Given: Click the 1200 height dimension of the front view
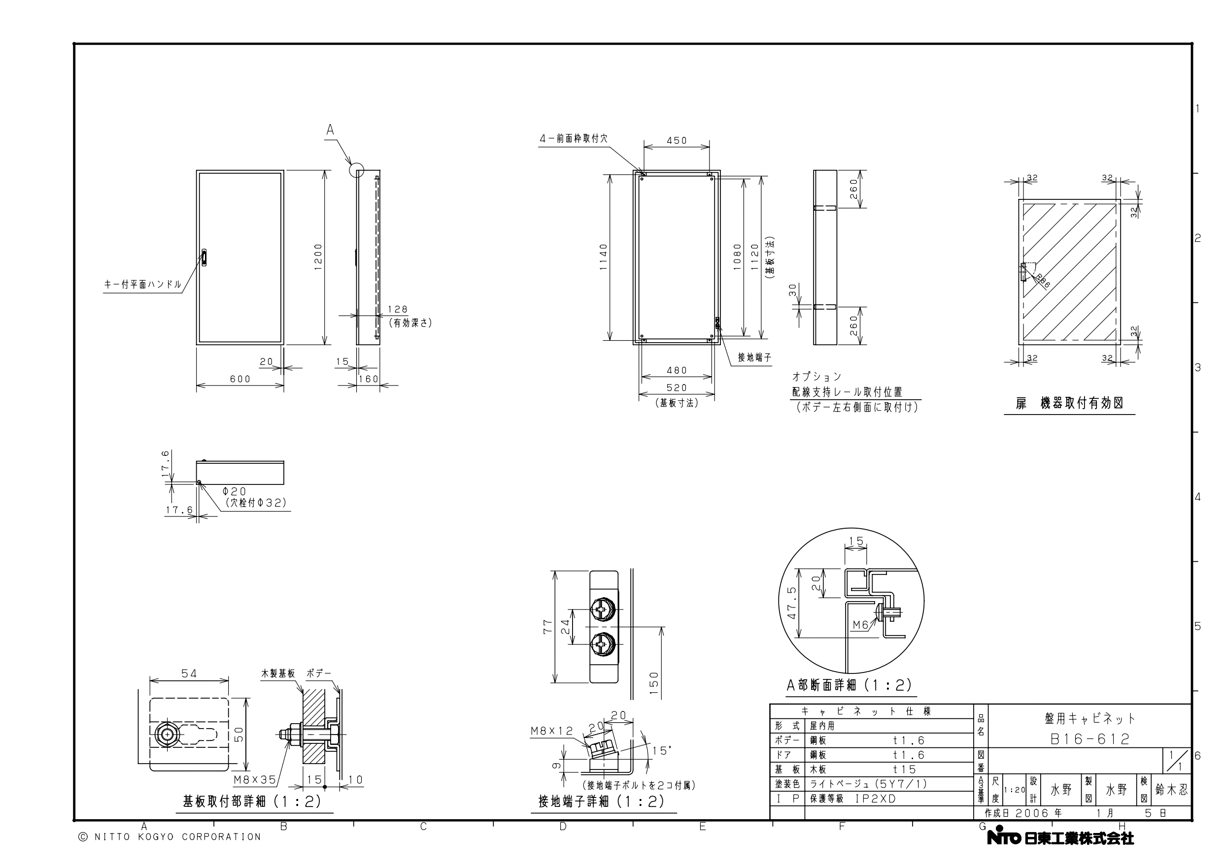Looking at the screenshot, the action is click(x=318, y=257).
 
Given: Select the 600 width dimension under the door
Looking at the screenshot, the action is click(x=240, y=379).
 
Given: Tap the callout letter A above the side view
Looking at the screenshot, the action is click(x=330, y=129).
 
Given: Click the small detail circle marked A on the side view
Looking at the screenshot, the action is click(x=356, y=170).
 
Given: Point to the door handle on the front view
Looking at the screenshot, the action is click(x=204, y=257).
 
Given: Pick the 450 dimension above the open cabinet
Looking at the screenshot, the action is click(x=677, y=140).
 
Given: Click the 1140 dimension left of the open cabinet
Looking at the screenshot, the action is click(x=604, y=257).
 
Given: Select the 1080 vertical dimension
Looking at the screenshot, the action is click(x=737, y=257).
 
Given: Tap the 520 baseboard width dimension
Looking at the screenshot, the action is click(x=677, y=387).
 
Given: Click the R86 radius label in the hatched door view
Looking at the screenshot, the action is click(x=1042, y=281).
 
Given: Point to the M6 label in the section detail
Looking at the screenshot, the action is click(x=860, y=625).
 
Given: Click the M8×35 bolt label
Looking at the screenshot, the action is click(x=255, y=780).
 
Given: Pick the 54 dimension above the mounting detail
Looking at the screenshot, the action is click(x=189, y=673).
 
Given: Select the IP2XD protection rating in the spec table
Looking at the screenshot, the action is click(x=876, y=799).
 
